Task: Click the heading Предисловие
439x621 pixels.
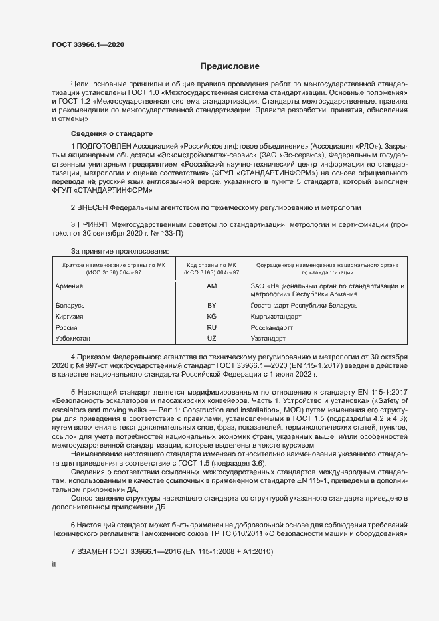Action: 230,66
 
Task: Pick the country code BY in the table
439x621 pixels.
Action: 212,305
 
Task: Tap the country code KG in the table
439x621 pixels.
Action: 212,316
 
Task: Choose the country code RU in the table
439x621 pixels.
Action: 212,327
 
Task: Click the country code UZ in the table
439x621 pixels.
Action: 212,339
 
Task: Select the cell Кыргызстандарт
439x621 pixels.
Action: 276,316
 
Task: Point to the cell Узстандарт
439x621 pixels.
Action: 268,339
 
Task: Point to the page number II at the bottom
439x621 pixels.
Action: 54,565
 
